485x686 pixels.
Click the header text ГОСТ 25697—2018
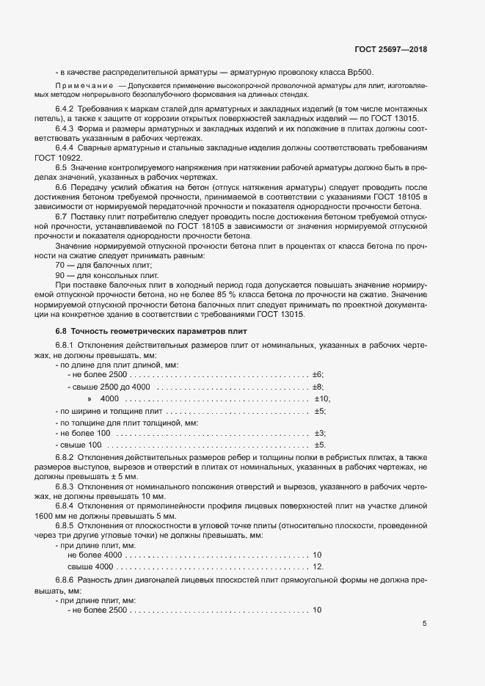click(390, 50)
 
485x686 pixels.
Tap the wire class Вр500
click(361, 73)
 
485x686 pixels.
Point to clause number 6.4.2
click(66, 109)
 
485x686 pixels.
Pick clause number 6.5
click(62, 167)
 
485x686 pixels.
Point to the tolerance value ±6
click(318, 375)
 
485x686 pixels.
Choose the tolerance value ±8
click(318, 387)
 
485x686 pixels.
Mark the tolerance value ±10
click(322, 398)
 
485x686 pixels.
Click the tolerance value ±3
click(319, 434)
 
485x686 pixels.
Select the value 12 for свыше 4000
click(318, 567)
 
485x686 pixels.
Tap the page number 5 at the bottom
click(424, 624)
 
